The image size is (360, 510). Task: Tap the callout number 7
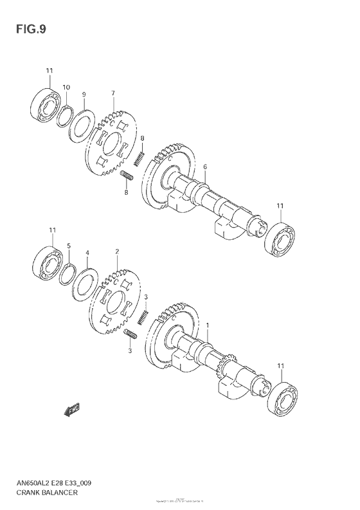point(113,93)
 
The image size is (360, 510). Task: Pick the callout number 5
point(69,245)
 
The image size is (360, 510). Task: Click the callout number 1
point(208,327)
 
